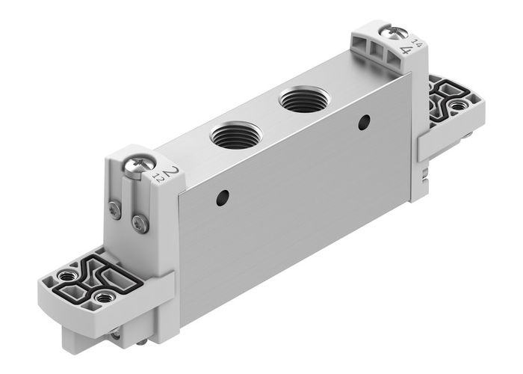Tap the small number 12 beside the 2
(158, 179)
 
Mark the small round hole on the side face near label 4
(364, 122)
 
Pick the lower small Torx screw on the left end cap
(139, 222)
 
